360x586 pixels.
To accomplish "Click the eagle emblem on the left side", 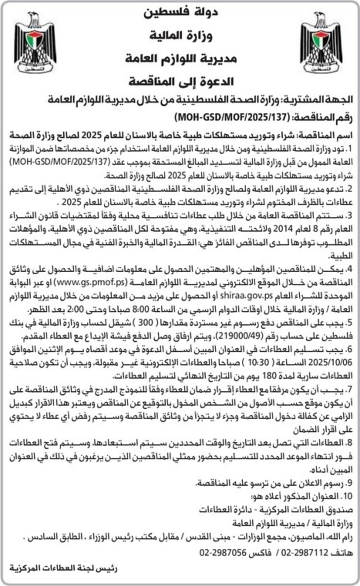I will tap(35, 43).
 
